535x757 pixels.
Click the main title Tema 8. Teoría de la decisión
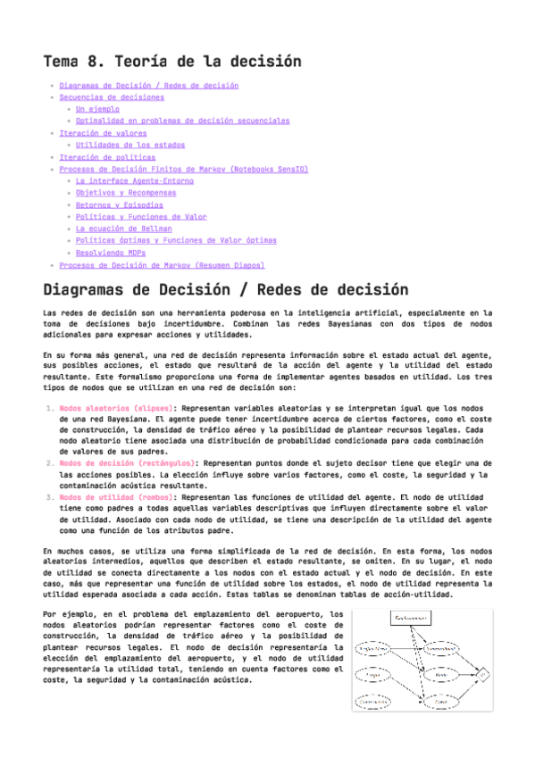click(172, 62)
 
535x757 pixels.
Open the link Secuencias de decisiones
click(112, 97)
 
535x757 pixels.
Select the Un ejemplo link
click(97, 109)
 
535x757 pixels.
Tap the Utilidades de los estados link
click(130, 145)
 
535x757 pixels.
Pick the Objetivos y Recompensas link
click(126, 192)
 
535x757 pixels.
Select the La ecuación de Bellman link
click(124, 229)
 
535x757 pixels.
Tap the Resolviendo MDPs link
click(112, 253)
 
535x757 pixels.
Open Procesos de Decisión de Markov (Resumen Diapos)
click(162, 265)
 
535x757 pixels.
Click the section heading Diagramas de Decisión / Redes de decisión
click(226, 291)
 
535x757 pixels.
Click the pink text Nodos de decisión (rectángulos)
click(130, 463)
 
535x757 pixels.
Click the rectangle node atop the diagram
click(414, 618)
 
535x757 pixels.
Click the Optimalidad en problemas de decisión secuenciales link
click(182, 121)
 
